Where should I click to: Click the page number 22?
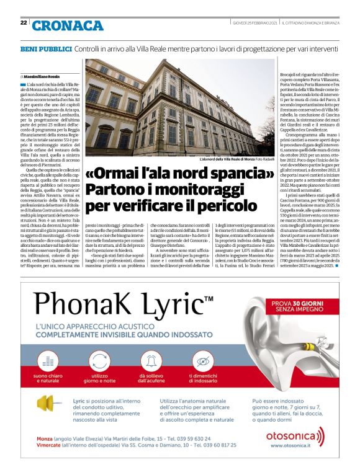pos(24,23)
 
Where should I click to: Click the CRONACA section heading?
pos(68,25)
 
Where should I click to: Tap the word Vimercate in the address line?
pos(52,445)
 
